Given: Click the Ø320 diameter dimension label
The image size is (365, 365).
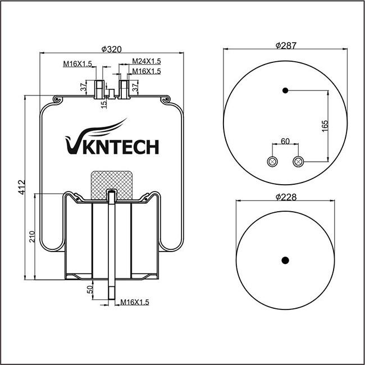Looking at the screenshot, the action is click(112, 49).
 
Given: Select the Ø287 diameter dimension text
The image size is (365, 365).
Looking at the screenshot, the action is click(286, 45).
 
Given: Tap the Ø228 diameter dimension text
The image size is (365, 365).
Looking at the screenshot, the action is click(286, 197).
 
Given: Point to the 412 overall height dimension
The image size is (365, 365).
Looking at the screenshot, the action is click(22, 187).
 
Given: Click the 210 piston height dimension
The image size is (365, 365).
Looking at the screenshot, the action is click(32, 236).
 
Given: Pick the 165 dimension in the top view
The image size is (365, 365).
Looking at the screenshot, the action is click(325, 126).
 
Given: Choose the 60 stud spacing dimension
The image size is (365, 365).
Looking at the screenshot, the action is click(285, 142).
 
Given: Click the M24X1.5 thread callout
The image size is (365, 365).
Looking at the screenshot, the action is click(147, 61).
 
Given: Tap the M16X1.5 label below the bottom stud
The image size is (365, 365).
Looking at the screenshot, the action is click(135, 302).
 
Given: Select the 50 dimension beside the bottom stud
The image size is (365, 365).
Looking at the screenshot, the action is click(90, 289).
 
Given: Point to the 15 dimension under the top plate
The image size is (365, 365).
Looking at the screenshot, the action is click(104, 103).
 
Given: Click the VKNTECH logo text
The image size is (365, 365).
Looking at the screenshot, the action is click(112, 140).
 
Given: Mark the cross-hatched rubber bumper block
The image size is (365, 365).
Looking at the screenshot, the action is click(112, 185).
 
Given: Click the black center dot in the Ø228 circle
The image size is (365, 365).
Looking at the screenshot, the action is click(285, 260).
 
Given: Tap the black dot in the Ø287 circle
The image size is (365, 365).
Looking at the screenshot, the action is click(285, 90).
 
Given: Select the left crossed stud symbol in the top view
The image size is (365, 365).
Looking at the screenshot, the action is click(272, 162).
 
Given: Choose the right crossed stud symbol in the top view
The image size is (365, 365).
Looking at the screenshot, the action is click(298, 162).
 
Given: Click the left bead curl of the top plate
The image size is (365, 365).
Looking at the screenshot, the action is click(57, 99).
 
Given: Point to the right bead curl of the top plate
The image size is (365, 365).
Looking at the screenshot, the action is click(166, 99).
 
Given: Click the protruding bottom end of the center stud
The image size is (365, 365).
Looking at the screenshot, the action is click(112, 290).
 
